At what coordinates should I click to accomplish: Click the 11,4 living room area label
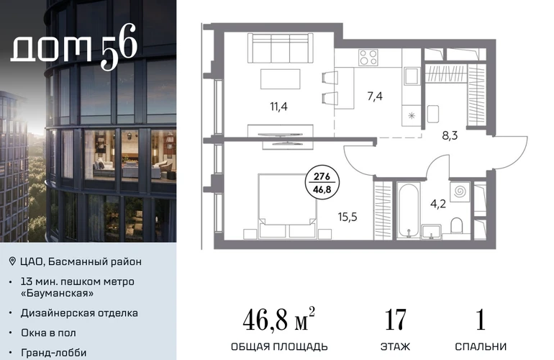pyautogui.click(x=278, y=107)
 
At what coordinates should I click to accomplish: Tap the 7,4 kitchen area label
pyautogui.click(x=375, y=96)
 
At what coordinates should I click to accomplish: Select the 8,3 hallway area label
pyautogui.click(x=450, y=135)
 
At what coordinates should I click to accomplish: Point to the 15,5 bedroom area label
pyautogui.click(x=348, y=217)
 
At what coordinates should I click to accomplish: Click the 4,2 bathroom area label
pyautogui.click(x=437, y=204)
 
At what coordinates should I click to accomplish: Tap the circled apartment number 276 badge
pyautogui.click(x=322, y=182)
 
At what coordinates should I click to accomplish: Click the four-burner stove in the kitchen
pyautogui.click(x=368, y=58)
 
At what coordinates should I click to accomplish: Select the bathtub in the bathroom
pyautogui.click(x=409, y=211)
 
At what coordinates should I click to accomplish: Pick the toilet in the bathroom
pyautogui.click(x=457, y=225)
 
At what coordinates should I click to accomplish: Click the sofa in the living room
pyautogui.click(x=280, y=48)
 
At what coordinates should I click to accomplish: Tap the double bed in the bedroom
pyautogui.click(x=287, y=206)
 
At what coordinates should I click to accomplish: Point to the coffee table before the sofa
pyautogui.click(x=281, y=79)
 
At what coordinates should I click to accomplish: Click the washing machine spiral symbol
pyautogui.click(x=460, y=192)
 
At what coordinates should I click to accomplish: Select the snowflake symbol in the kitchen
pyautogui.click(x=412, y=115)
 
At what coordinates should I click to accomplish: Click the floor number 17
pyautogui.click(x=396, y=320)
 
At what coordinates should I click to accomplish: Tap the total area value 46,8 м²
pyautogui.click(x=278, y=319)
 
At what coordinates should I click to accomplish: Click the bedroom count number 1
pyautogui.click(x=481, y=320)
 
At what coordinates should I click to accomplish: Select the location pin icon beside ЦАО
pyautogui.click(x=12, y=261)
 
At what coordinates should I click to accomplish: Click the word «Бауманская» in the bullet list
pyautogui.click(x=58, y=293)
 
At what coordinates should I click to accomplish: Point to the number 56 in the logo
pyautogui.click(x=119, y=46)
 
